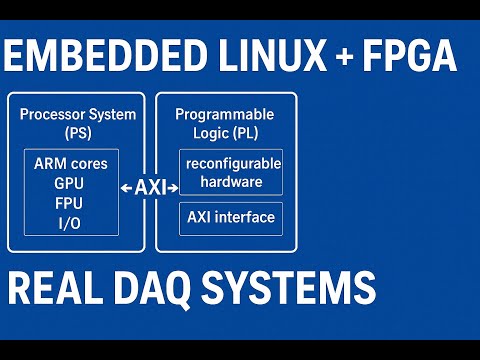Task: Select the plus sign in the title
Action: (345, 58)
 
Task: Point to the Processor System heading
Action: (77, 115)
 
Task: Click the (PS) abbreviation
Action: (77, 133)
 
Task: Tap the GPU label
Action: (69, 184)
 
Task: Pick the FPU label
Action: (69, 203)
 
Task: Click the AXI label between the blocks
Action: (150, 188)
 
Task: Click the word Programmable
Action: (224, 115)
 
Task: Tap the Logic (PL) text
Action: (224, 133)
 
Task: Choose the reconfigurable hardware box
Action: (230, 172)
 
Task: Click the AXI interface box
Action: (230, 218)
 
